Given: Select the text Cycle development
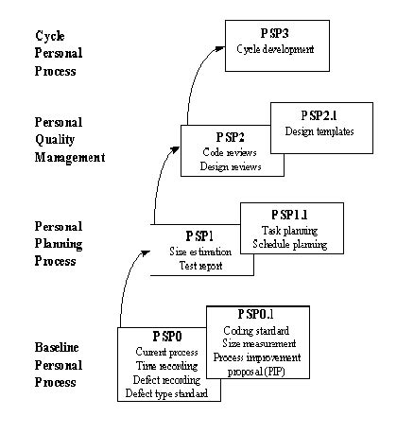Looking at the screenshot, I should click(278, 48).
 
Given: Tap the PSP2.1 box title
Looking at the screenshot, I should click(319, 115).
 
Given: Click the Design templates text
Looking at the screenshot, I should click(319, 131).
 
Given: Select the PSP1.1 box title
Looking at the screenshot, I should click(289, 215).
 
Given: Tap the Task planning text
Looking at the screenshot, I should click(289, 230).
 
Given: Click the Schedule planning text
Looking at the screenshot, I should click(289, 244).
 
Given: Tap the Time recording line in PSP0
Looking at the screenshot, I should click(165, 366).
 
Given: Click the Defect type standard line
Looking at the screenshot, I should click(165, 394).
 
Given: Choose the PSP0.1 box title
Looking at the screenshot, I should click(255, 314).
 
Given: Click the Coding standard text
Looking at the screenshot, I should click(255, 329).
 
